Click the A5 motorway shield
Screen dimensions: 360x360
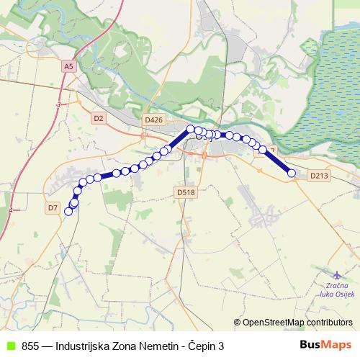pyautogui.click(x=68, y=66)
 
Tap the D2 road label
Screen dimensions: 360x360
pyautogui.click(x=99, y=117)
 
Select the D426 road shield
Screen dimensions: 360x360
pyautogui.click(x=153, y=120)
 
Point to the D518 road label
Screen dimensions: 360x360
pyautogui.click(x=186, y=192)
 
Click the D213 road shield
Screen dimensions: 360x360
pyautogui.click(x=319, y=175)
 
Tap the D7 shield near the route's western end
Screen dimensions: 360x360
pyautogui.click(x=53, y=208)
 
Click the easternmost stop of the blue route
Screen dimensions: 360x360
pyautogui.click(x=292, y=173)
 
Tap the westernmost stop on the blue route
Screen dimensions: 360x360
pyautogui.click(x=68, y=212)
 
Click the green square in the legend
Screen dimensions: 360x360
pyautogui.click(x=11, y=346)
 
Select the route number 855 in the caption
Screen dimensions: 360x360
pyautogui.click(x=31, y=346)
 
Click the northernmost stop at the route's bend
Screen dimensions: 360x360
pyautogui.click(x=191, y=129)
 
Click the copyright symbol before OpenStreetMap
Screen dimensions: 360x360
pyautogui.click(x=237, y=322)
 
